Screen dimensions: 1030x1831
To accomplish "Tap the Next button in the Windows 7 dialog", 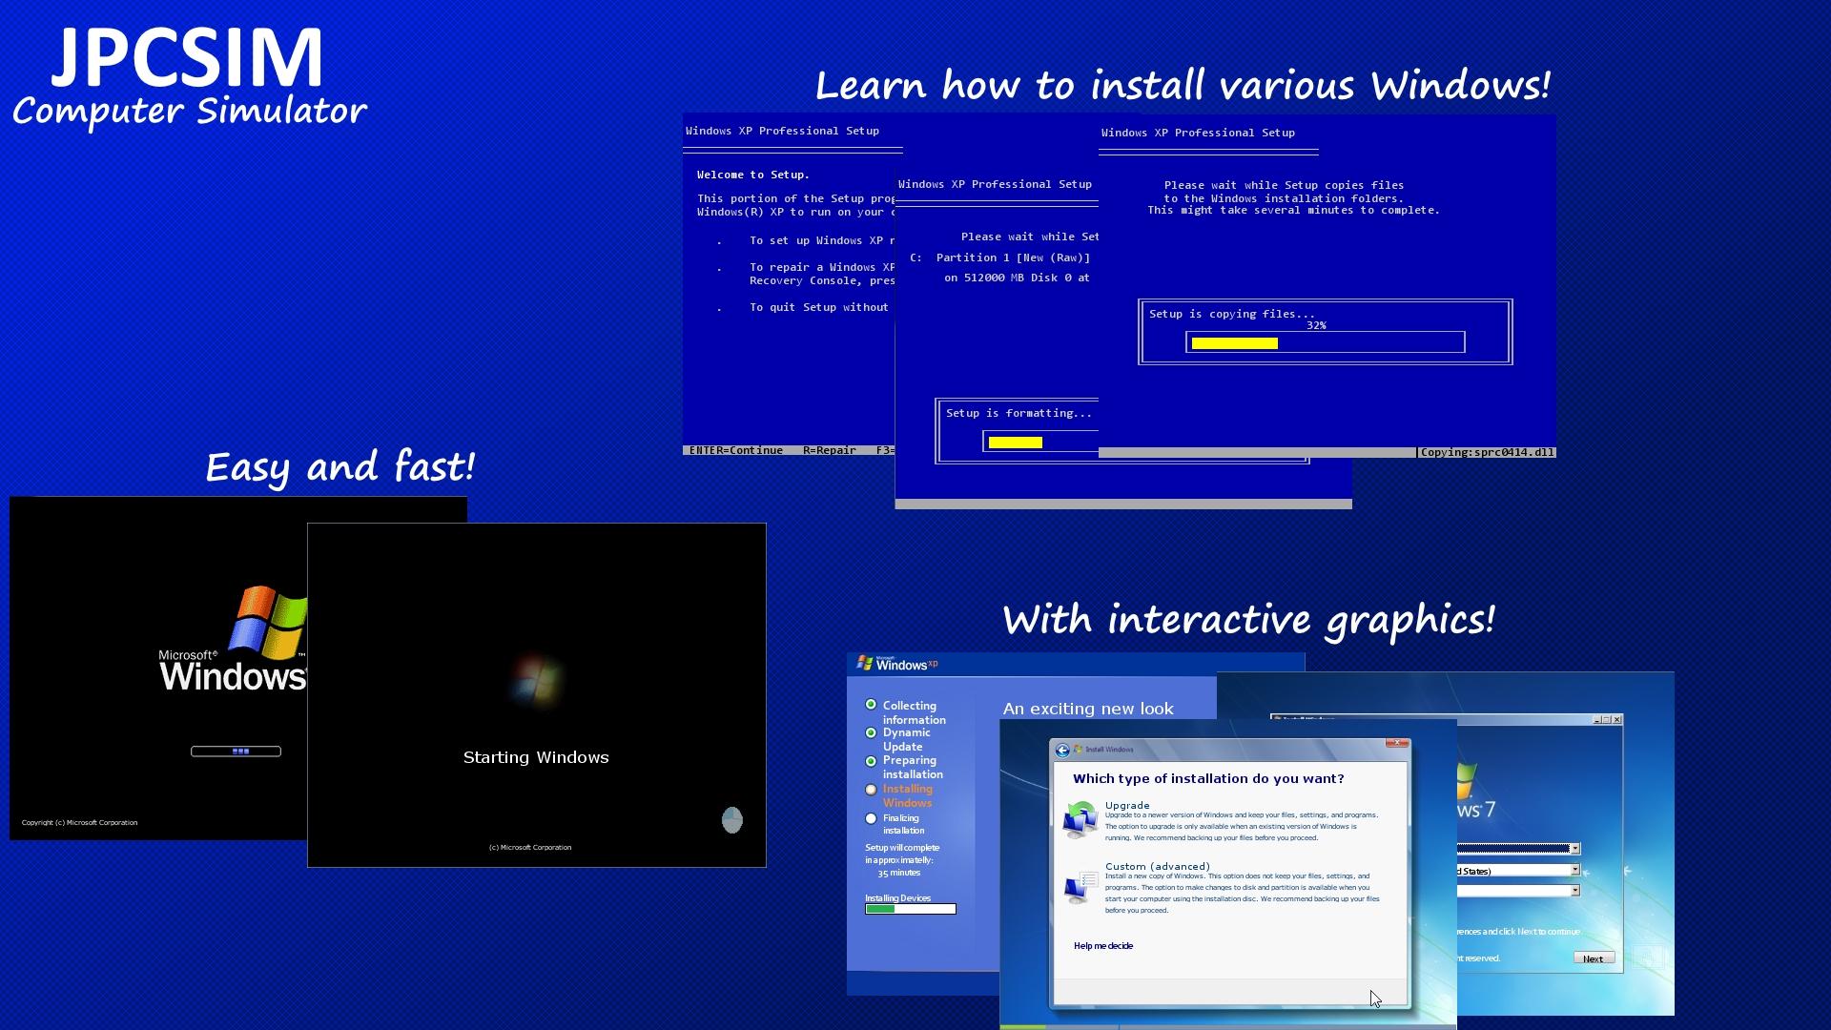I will pos(1593,958).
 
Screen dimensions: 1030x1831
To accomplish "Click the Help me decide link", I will pos(1102,946).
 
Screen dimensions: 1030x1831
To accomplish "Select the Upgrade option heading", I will pos(1126,805).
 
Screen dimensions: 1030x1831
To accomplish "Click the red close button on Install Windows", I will pos(1397,743).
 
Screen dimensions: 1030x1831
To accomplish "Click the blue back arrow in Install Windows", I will pos(1062,751).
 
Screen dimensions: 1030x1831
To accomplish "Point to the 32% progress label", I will pos(1316,325).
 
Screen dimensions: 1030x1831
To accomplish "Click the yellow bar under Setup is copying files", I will pos(1234,343).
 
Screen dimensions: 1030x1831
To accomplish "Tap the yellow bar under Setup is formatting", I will pos(1015,443).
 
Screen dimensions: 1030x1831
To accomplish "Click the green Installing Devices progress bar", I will pos(880,909).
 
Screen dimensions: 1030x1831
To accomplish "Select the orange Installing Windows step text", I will pos(907,795).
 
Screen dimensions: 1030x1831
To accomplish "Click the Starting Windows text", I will pos(535,757).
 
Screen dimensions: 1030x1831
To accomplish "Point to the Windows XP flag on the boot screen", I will pos(270,623).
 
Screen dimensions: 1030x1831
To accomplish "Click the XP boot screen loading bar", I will pos(236,752).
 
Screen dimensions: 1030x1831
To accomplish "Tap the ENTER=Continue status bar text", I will pos(735,450).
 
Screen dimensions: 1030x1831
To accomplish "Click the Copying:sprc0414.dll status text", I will pos(1486,452).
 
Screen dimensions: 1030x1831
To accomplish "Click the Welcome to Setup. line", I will pos(752,175).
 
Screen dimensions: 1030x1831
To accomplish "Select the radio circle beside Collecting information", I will pos(871,705).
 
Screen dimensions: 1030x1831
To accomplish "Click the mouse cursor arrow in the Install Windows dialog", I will pos(1375,999).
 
